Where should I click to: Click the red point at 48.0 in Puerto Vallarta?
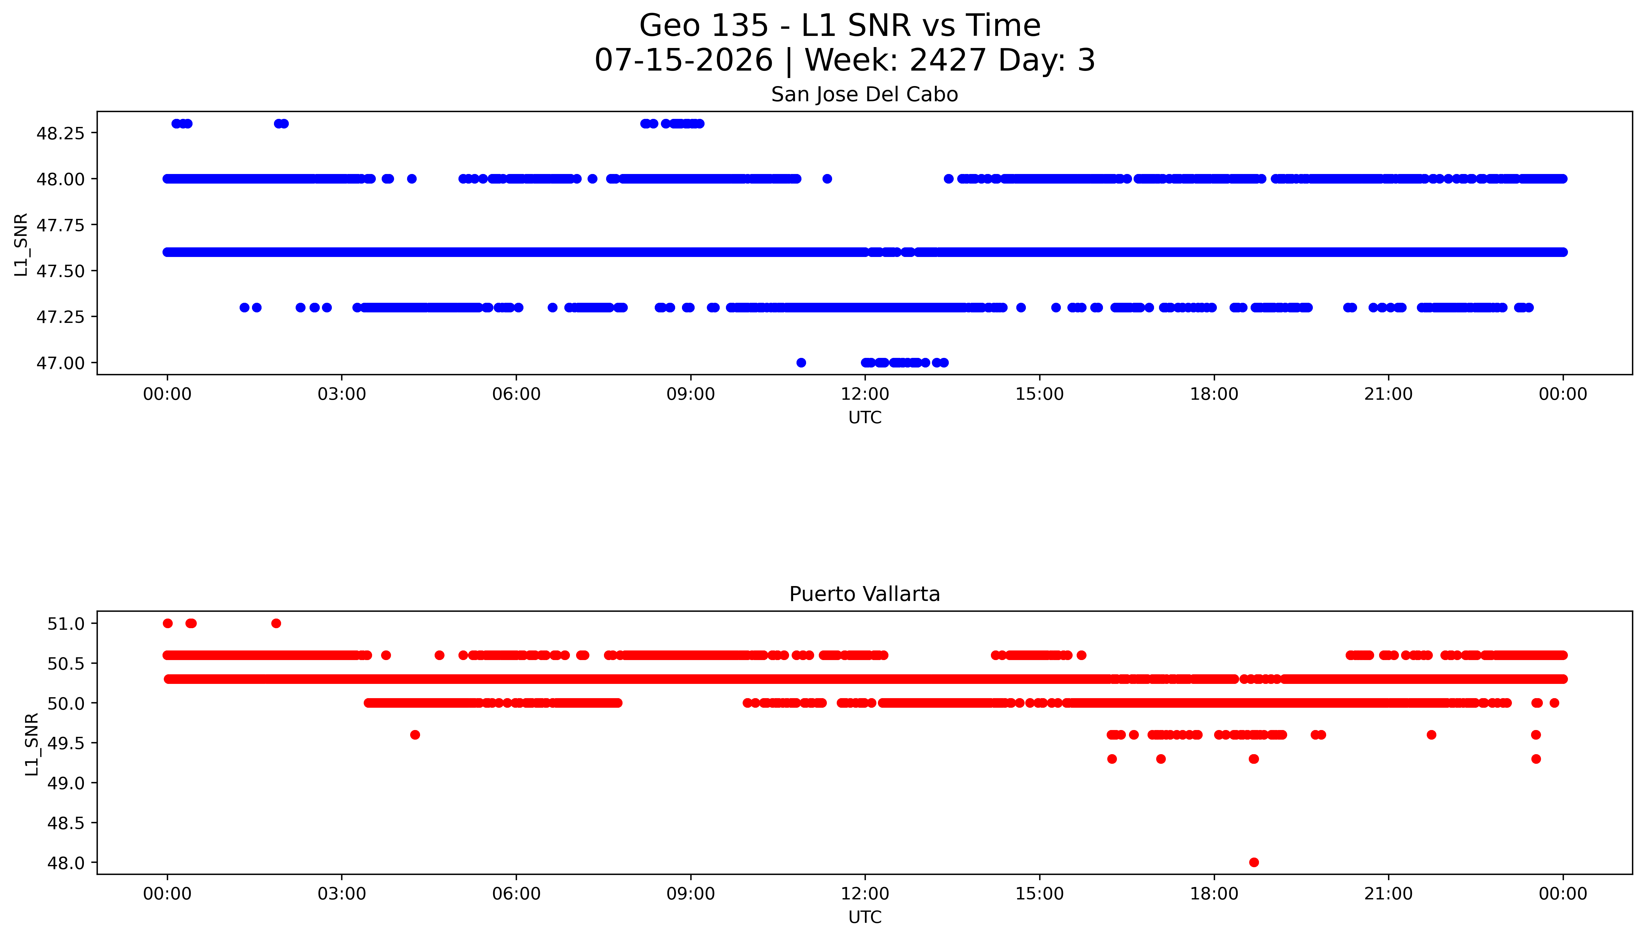tap(1254, 862)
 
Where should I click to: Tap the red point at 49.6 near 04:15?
tap(415, 735)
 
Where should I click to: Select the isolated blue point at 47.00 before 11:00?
tap(801, 363)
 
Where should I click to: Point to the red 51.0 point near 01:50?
tap(276, 623)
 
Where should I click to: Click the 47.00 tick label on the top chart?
tap(61, 363)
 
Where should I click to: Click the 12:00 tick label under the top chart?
tap(865, 394)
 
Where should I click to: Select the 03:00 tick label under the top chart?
tap(342, 394)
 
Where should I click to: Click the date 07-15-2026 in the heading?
tap(684, 60)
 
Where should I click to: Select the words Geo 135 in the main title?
tap(704, 26)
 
